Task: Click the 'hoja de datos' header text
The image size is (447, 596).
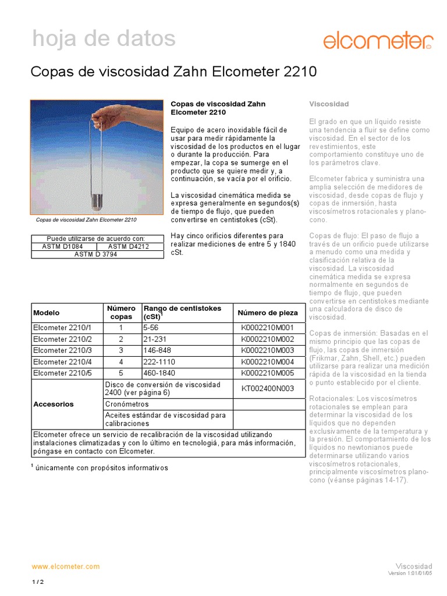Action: (x=103, y=39)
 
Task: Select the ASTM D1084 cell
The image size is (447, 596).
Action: (x=63, y=246)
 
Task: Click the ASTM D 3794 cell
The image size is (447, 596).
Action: (x=96, y=254)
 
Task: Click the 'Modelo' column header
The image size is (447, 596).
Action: (x=47, y=313)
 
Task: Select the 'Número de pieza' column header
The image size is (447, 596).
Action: (x=268, y=313)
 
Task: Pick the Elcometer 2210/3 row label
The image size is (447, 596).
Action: (x=63, y=350)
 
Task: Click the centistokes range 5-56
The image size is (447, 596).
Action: (x=151, y=328)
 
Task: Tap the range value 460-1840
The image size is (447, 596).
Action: (x=158, y=373)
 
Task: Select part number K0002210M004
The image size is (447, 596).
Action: (x=268, y=362)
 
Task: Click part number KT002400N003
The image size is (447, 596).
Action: (x=268, y=389)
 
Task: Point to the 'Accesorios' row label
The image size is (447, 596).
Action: (x=54, y=403)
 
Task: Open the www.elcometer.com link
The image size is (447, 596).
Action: (x=65, y=566)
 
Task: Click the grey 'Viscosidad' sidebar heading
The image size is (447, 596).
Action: (x=329, y=104)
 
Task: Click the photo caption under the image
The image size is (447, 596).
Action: (x=86, y=221)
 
